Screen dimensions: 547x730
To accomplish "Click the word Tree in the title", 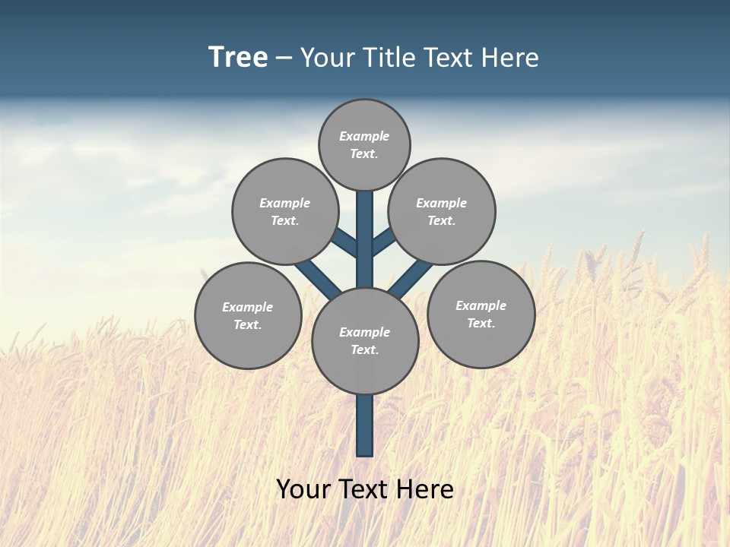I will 238,57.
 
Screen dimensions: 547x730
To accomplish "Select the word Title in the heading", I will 385,57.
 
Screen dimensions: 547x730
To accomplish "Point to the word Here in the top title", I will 512,57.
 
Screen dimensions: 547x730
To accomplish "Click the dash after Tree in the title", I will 284,58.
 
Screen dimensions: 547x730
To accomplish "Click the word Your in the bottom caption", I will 302,489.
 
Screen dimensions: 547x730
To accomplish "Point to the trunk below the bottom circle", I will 365,425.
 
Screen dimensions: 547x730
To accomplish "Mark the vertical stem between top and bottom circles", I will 365,239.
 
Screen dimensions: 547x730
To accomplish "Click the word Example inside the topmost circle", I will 364,136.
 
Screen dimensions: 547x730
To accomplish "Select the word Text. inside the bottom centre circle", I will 364,349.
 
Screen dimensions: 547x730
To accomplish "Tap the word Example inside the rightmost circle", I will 481,305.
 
